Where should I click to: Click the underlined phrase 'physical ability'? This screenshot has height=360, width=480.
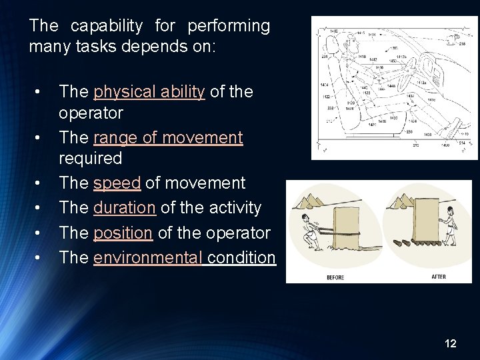click(149, 92)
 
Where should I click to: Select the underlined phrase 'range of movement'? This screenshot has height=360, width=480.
click(168, 138)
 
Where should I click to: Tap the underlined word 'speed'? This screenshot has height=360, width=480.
click(117, 183)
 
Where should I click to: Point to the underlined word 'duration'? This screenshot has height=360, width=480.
click(124, 208)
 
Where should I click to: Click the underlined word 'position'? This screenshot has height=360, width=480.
click(123, 233)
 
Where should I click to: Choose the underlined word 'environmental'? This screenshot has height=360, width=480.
click(148, 258)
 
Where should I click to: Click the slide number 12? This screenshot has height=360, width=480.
click(450, 343)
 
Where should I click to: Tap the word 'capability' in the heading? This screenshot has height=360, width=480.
click(106, 26)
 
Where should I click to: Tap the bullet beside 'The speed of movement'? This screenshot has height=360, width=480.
click(40, 183)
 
